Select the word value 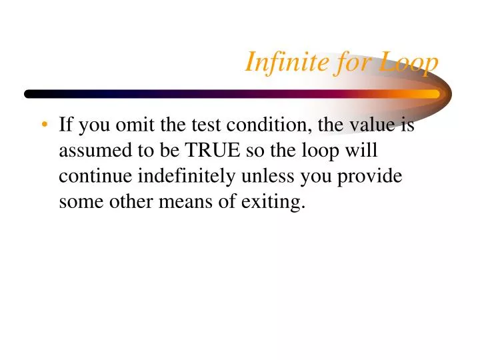click(367, 125)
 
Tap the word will click(363, 151)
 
